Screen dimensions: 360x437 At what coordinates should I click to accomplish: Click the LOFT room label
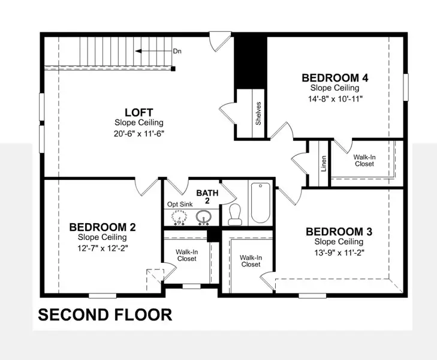click(139, 112)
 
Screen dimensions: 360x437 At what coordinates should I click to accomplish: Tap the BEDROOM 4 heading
click(334, 77)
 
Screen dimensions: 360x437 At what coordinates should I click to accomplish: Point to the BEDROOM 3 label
click(334, 232)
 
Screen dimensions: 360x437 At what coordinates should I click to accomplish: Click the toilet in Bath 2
click(235, 214)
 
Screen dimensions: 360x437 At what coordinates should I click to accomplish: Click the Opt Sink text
click(179, 204)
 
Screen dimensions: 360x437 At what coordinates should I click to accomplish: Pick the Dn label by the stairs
click(177, 52)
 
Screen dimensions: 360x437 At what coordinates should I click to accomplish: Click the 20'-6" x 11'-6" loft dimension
click(139, 133)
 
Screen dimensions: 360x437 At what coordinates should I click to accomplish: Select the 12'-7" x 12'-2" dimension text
click(103, 247)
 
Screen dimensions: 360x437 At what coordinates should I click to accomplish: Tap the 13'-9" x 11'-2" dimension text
click(334, 252)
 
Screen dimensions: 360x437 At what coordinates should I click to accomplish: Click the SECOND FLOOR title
click(106, 314)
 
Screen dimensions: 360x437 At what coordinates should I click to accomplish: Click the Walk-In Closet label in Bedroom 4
click(364, 160)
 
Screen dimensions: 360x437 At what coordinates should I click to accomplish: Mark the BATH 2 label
click(207, 197)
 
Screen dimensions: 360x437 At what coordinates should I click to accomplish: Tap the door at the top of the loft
click(222, 42)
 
